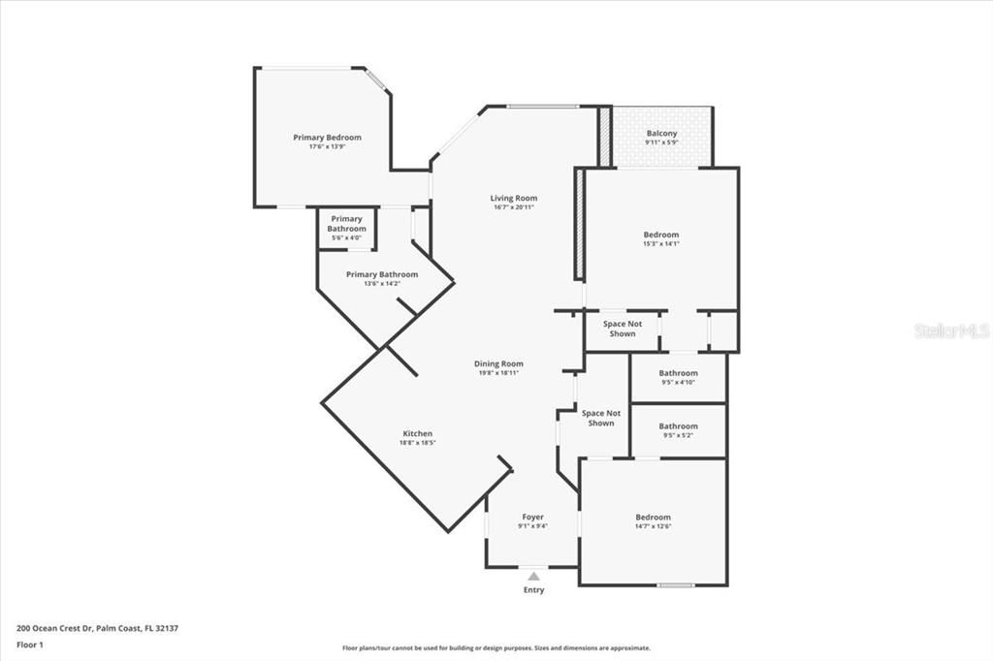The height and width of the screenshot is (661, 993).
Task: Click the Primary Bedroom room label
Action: (327, 138)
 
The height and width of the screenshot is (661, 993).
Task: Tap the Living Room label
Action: (514, 198)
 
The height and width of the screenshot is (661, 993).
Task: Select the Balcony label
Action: (662, 134)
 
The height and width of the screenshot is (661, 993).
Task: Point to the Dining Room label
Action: (499, 363)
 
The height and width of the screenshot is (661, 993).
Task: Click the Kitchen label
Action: (417, 433)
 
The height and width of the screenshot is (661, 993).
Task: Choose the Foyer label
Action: (532, 517)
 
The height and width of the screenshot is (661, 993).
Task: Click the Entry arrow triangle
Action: (533, 576)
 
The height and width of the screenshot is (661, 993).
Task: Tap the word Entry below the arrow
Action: (533, 590)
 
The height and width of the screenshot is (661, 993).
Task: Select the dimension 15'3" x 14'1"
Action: (661, 243)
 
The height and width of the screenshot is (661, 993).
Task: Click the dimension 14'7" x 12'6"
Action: (653, 526)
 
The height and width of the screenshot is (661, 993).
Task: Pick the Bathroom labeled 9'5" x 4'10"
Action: (678, 373)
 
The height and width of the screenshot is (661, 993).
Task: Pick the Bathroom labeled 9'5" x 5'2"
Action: (678, 426)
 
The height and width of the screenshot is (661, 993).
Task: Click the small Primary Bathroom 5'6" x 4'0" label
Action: (346, 224)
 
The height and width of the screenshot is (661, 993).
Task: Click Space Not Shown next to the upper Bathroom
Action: (623, 329)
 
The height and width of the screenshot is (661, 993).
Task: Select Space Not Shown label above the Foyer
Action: (600, 418)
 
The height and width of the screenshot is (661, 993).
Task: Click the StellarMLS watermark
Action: (951, 330)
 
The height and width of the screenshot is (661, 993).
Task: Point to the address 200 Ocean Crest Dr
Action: (97, 628)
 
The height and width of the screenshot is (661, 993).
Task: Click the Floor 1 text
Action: (31, 644)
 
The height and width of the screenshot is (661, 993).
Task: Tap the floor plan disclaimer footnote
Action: (496, 648)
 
